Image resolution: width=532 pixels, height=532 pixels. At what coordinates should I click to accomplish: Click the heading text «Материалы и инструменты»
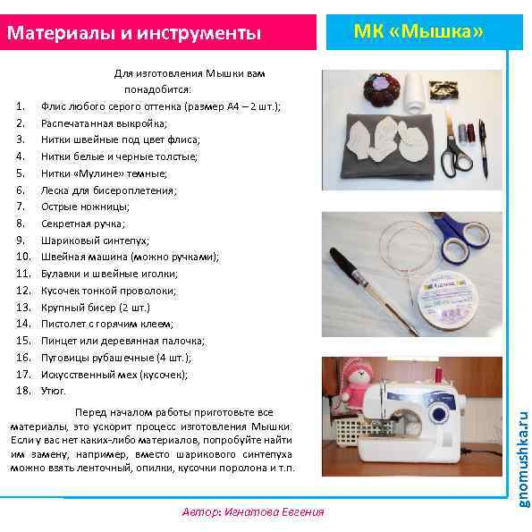click(135, 34)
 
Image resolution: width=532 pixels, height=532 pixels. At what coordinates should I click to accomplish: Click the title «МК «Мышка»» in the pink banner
click(418, 32)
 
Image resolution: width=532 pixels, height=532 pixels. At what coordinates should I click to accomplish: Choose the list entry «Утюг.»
click(54, 391)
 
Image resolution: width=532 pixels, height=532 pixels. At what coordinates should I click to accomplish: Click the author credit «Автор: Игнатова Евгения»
click(252, 512)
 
